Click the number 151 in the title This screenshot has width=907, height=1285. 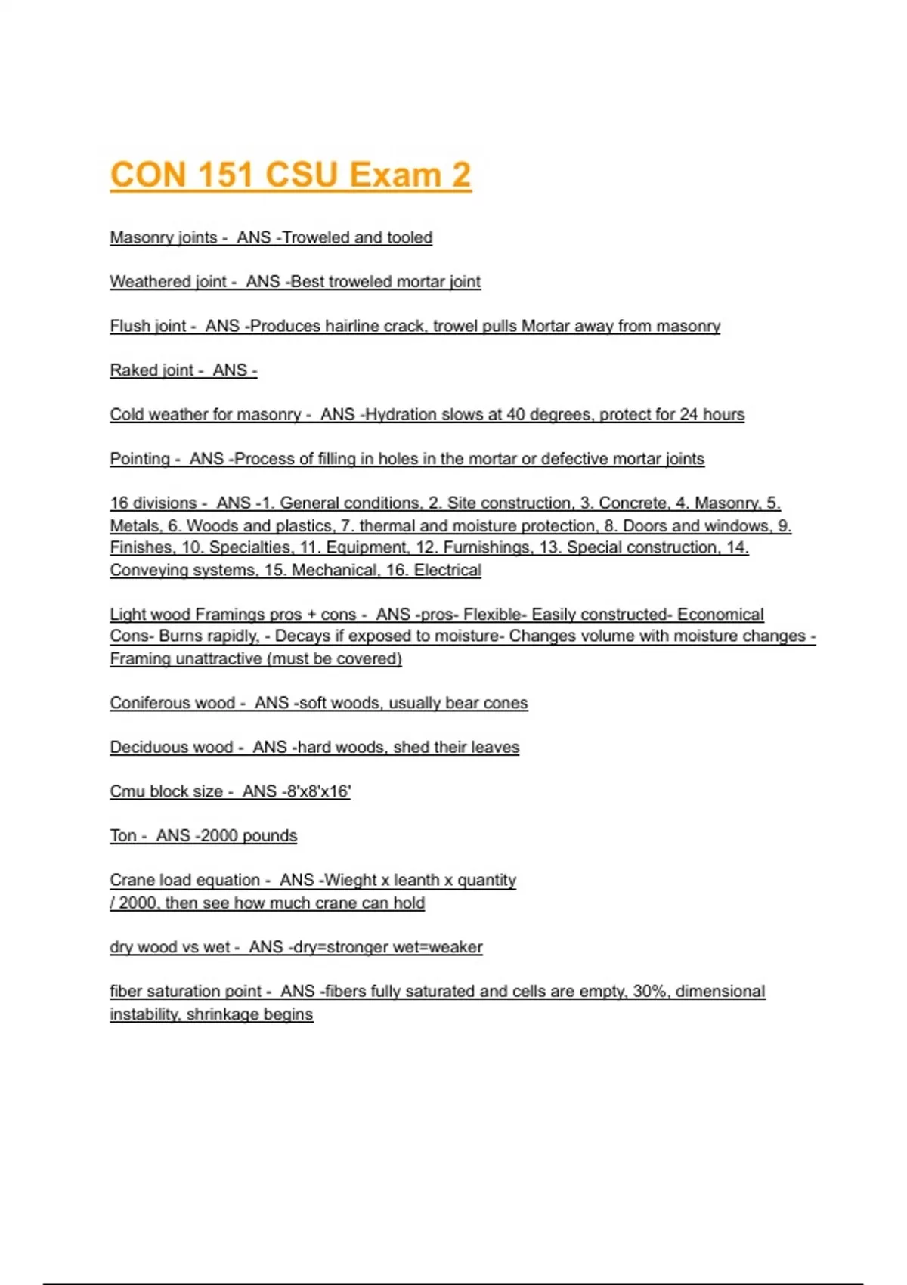point(226,175)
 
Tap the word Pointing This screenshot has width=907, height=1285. point(140,459)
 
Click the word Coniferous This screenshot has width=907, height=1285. point(172,703)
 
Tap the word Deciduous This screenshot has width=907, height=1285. point(171,747)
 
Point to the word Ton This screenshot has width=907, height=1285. point(123,835)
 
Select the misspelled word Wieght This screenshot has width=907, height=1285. point(351,880)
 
